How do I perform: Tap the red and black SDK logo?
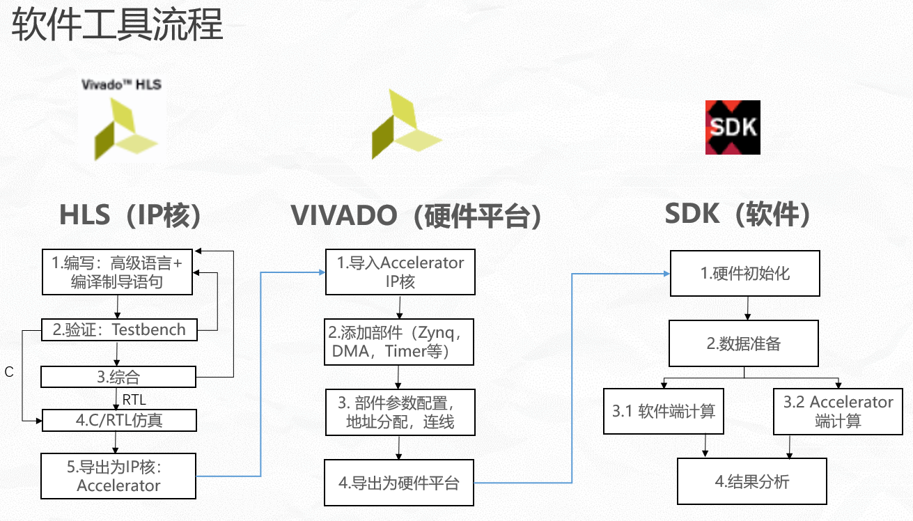tap(733, 127)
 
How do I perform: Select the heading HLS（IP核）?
tap(131, 215)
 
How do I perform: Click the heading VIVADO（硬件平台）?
tap(416, 215)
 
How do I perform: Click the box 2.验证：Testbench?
tap(119, 330)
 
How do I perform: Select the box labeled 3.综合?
tap(118, 377)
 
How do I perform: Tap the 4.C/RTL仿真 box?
tap(119, 420)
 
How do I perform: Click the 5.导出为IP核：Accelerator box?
tap(118, 476)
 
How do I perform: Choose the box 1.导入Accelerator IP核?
tap(400, 272)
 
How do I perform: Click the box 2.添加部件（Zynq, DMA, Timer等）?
tap(399, 342)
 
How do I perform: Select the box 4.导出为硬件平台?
tap(399, 482)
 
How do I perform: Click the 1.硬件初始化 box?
tap(745, 273)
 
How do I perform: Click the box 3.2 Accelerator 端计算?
tap(838, 411)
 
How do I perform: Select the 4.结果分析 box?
tap(752, 481)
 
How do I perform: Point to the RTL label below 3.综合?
tap(134, 400)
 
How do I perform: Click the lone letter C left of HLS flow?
tap(9, 373)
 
